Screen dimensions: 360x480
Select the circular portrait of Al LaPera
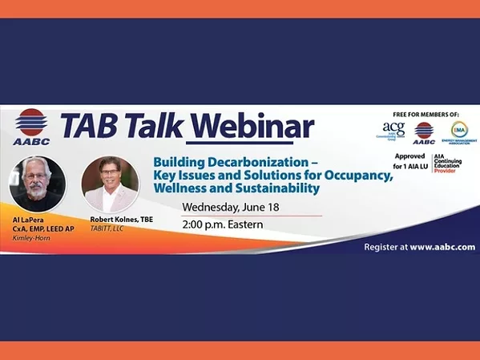[x=37, y=184]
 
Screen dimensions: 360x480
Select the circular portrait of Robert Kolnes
[x=111, y=184]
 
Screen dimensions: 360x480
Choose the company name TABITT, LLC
[x=107, y=227]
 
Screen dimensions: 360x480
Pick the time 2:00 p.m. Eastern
[x=222, y=224]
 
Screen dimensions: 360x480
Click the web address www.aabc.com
[x=443, y=246]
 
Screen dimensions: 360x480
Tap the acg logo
[x=393, y=130]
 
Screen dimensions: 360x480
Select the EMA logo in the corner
[x=459, y=131]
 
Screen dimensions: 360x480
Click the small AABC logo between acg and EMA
[x=424, y=131]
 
